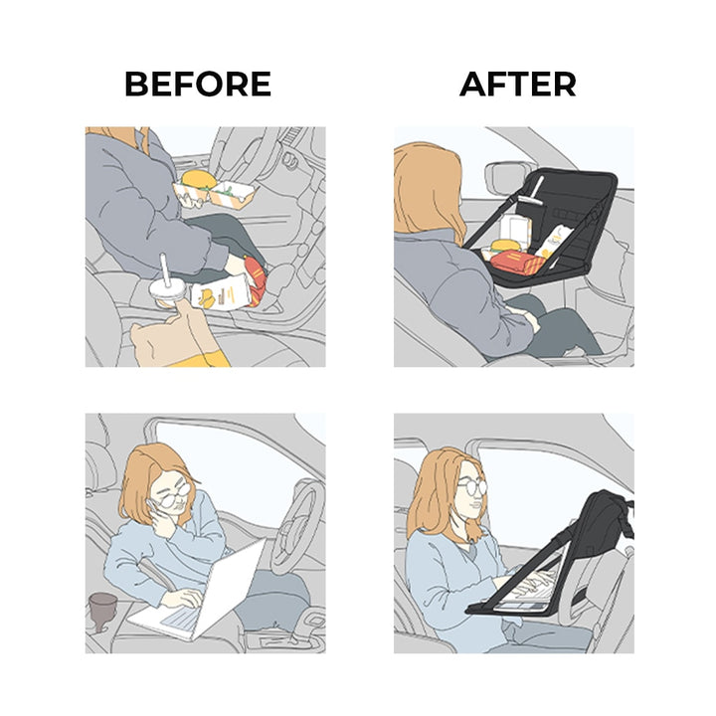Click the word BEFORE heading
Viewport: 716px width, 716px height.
198,84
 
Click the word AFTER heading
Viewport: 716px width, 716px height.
518,84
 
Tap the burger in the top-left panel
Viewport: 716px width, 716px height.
199,179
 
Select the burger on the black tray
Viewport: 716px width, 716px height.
504,247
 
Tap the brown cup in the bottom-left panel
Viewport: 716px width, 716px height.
102,612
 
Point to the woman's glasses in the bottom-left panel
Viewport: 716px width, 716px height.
175,495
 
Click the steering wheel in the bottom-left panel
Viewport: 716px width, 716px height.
296,525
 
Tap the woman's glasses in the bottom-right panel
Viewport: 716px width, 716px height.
472,486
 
